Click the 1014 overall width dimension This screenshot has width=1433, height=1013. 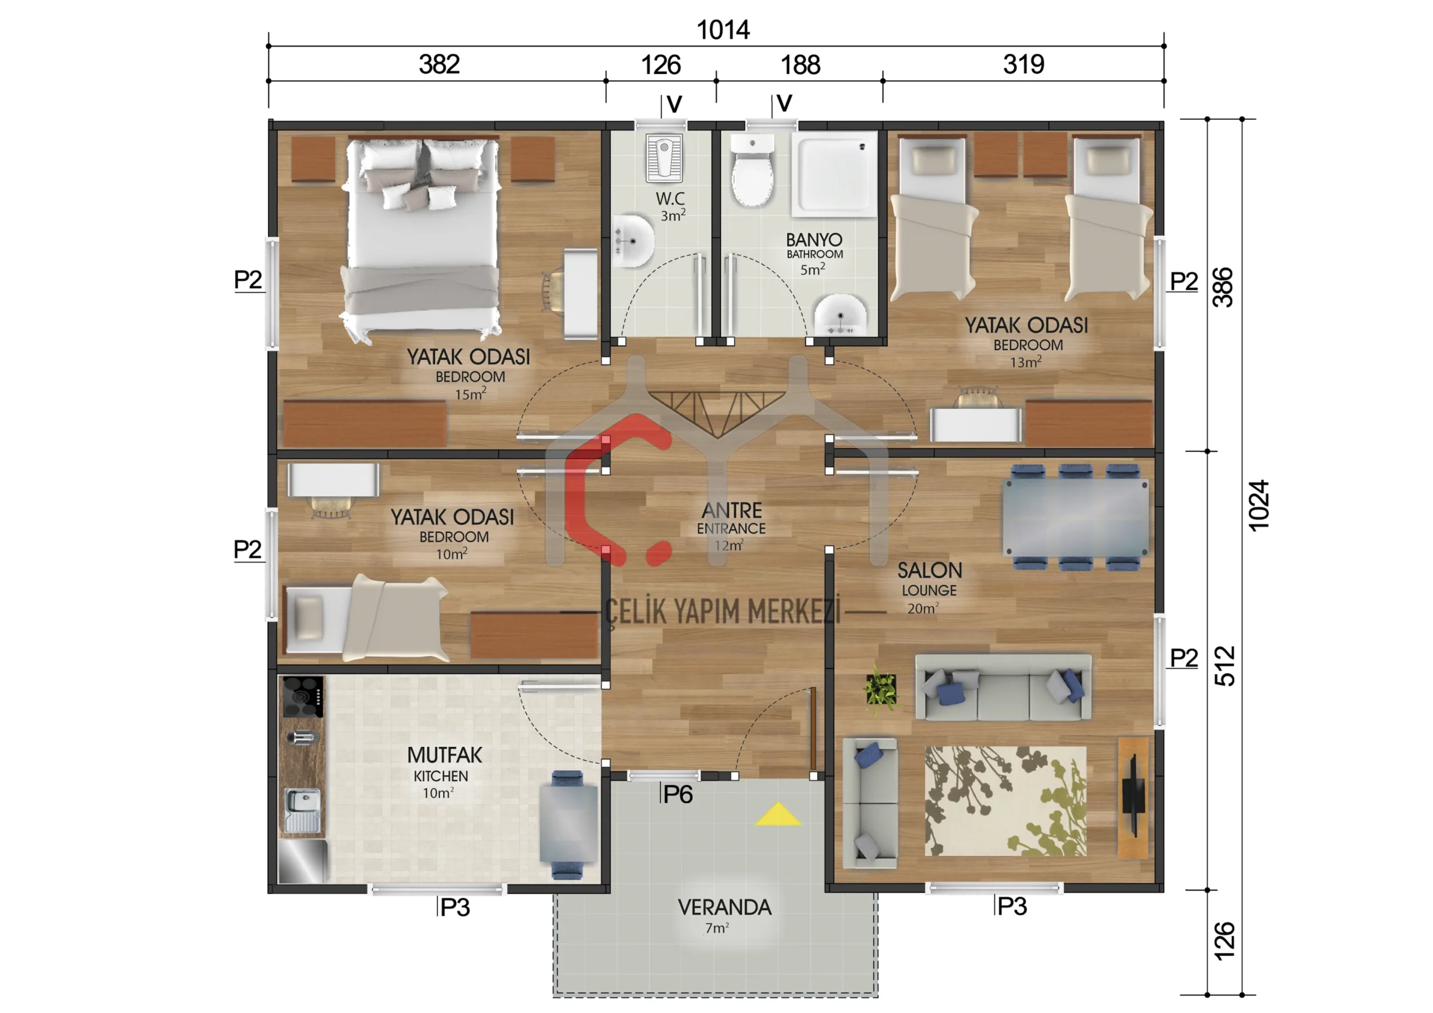pyautogui.click(x=723, y=30)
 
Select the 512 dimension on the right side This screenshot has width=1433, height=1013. pyautogui.click(x=1225, y=666)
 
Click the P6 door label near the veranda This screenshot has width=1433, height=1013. pyautogui.click(x=678, y=795)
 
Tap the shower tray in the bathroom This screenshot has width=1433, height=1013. pyautogui.click(x=835, y=174)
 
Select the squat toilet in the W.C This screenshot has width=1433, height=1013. pyautogui.click(x=664, y=158)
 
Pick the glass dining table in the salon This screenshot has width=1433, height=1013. pyautogui.click(x=1075, y=516)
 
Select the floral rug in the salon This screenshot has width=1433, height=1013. pyautogui.click(x=1005, y=801)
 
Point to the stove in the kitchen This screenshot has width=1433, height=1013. pyautogui.click(x=303, y=697)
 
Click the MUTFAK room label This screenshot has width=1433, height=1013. pyautogui.click(x=444, y=755)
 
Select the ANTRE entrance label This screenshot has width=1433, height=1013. pyautogui.click(x=732, y=510)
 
